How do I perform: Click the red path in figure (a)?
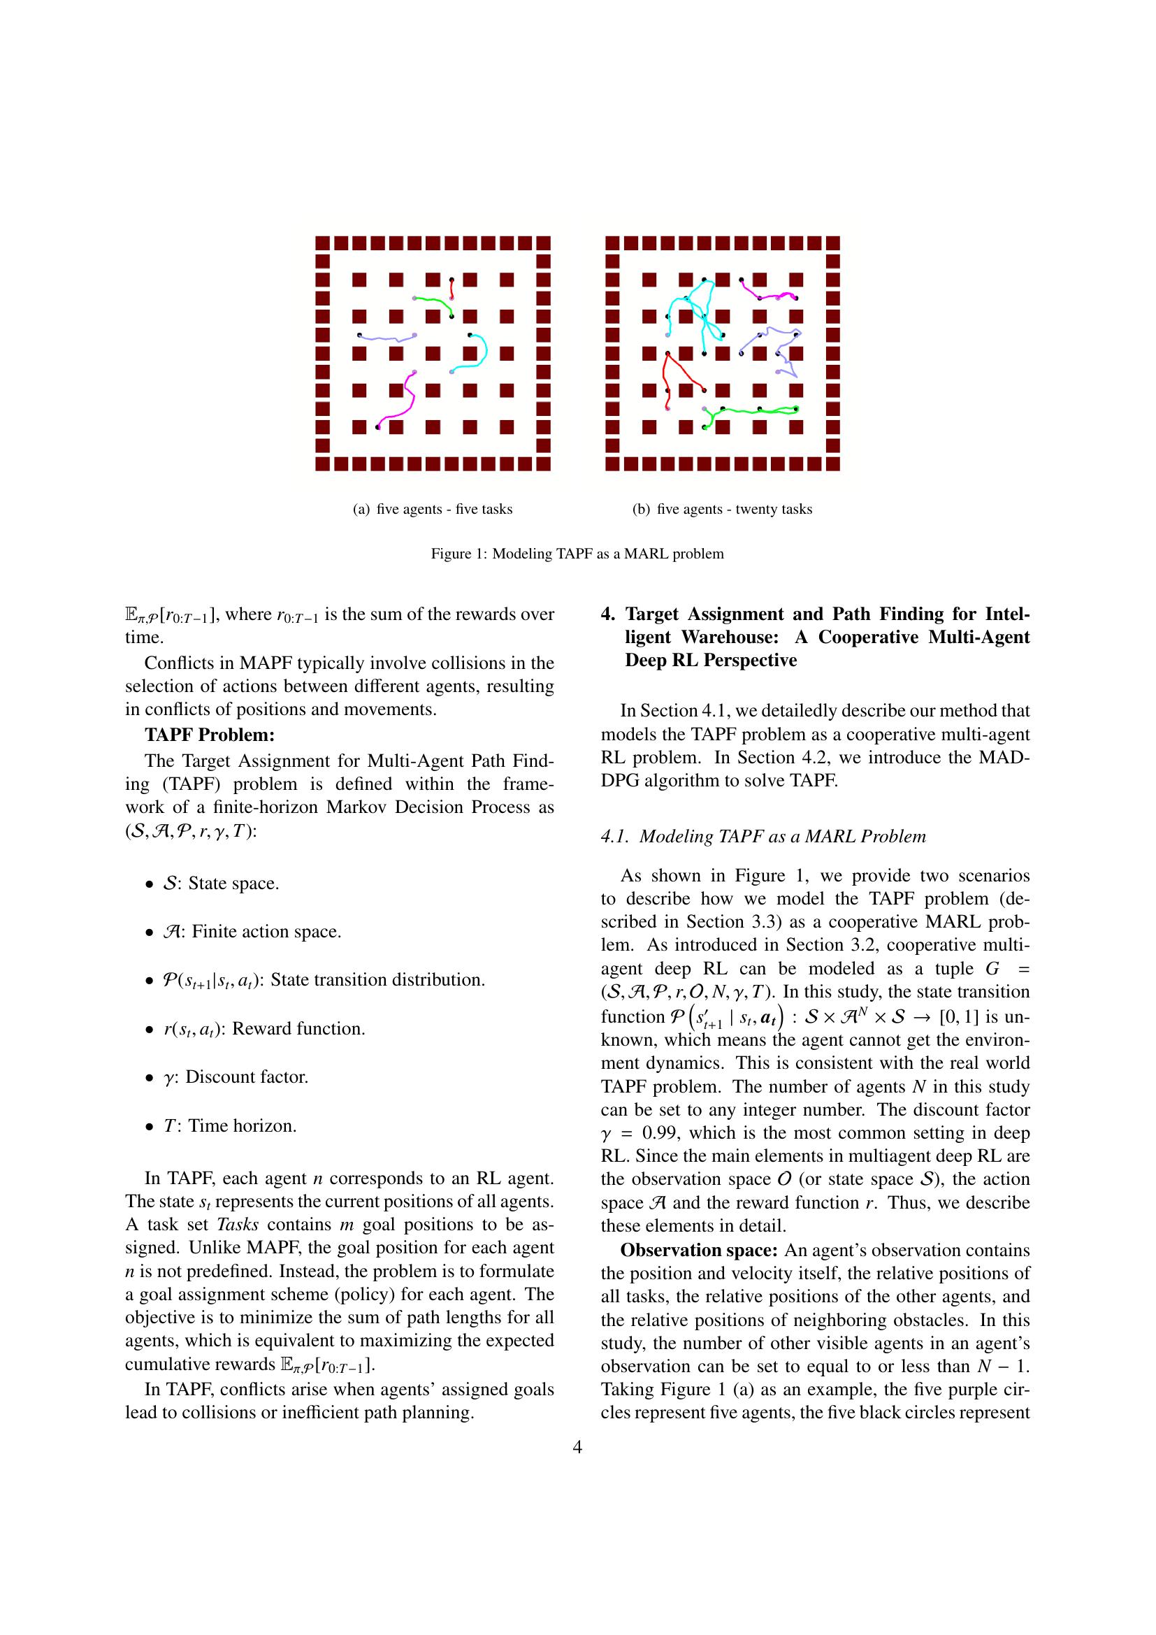point(451,289)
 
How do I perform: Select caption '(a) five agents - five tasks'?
point(433,509)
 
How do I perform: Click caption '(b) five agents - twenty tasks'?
point(723,509)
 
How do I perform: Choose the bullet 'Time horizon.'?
point(242,1126)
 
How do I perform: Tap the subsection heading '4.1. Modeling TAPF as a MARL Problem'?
point(763,836)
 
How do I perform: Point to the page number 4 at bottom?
point(577,1447)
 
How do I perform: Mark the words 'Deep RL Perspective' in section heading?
point(710,660)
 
